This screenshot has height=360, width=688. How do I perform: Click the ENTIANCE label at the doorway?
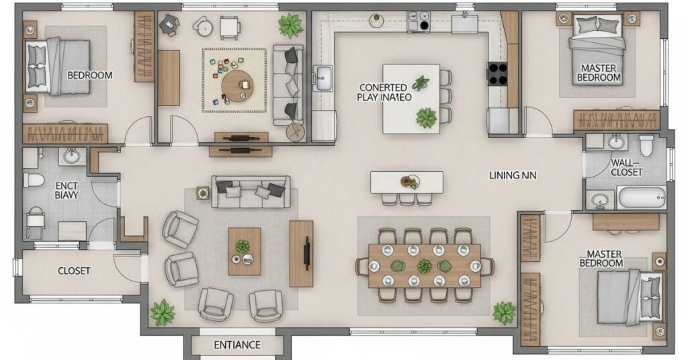(x=236, y=345)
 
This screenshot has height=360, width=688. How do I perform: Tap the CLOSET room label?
(x=74, y=271)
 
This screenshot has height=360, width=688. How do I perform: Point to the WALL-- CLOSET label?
(x=626, y=167)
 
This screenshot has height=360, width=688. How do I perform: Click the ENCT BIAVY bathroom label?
(x=67, y=190)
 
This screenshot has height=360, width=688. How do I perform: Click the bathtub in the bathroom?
(x=641, y=197)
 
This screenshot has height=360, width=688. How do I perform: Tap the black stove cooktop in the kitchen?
(x=497, y=73)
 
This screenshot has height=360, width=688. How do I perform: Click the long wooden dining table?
(x=425, y=265)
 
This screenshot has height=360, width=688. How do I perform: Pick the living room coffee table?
(x=244, y=251)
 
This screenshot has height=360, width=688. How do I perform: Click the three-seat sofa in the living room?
(x=251, y=191)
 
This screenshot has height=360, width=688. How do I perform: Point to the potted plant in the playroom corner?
(x=290, y=26)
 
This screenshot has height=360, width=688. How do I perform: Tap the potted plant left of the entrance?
(x=163, y=312)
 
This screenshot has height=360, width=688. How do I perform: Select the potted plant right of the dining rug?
(x=503, y=312)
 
